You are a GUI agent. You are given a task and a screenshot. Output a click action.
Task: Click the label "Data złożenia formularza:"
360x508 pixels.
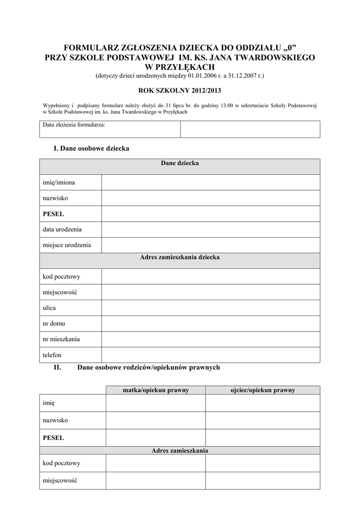(74, 125)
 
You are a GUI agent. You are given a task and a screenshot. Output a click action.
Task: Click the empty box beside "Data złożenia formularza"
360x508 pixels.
(250, 129)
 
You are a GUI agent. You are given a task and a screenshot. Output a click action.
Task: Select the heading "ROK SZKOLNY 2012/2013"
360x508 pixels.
(179, 91)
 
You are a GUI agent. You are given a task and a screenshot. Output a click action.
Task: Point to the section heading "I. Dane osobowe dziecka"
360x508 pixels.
(91, 148)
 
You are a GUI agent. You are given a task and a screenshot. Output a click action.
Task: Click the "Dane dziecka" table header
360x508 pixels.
(179, 163)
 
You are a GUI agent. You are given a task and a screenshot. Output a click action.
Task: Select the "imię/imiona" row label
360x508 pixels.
(59, 183)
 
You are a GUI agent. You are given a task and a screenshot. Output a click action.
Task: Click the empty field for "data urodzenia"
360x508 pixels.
(211, 230)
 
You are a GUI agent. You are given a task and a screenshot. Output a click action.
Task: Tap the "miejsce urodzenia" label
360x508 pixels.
(67, 245)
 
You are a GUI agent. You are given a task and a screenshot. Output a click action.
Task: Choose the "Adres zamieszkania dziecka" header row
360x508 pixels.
(179, 257)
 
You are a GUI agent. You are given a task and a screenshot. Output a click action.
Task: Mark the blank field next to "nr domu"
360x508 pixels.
(211, 323)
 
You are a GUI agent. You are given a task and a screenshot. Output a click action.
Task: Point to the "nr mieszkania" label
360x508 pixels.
(62, 339)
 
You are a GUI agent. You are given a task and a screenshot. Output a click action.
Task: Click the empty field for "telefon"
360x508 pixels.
(211, 355)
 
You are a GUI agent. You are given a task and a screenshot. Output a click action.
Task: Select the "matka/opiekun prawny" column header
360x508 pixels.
(155, 390)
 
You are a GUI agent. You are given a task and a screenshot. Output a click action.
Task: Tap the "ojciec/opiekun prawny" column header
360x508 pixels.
(263, 390)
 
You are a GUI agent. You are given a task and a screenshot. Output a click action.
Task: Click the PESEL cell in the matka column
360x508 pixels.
(155, 438)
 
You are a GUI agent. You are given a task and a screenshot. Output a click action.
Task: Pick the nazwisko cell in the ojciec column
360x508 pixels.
(263, 420)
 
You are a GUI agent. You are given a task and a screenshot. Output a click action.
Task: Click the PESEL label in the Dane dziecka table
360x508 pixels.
(54, 214)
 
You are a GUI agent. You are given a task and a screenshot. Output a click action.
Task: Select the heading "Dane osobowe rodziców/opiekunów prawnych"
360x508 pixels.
(148, 368)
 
